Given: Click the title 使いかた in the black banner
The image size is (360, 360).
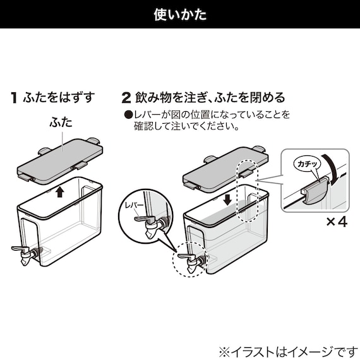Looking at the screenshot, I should click(x=180, y=15).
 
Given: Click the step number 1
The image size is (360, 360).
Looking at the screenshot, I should click(x=13, y=98).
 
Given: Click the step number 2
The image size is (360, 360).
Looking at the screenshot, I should click(x=126, y=98).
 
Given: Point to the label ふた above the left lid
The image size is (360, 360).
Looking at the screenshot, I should click(x=61, y=123).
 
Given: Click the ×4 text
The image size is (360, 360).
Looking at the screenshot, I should click(x=335, y=222).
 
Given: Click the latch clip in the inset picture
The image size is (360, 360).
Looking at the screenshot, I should click(x=313, y=191).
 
